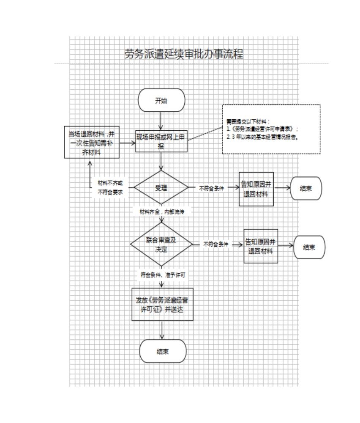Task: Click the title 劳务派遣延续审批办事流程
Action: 184,54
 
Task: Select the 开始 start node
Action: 161,100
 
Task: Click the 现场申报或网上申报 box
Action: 161,141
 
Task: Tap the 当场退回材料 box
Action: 92,142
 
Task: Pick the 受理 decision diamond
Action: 161,187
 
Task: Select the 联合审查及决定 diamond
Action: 161,244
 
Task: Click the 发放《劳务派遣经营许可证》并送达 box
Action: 162,305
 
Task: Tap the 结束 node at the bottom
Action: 163,351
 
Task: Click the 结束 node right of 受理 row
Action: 306,188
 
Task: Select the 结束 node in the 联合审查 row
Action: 309,247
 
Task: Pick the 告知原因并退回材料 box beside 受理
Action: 256,189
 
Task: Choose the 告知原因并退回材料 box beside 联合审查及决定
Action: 261,246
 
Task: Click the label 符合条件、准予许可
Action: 163,275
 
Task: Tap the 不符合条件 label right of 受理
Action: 211,188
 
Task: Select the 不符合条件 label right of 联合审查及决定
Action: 215,244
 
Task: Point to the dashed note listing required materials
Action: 271,129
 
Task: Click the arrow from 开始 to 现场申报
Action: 161,121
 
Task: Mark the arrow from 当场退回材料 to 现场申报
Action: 127,143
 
